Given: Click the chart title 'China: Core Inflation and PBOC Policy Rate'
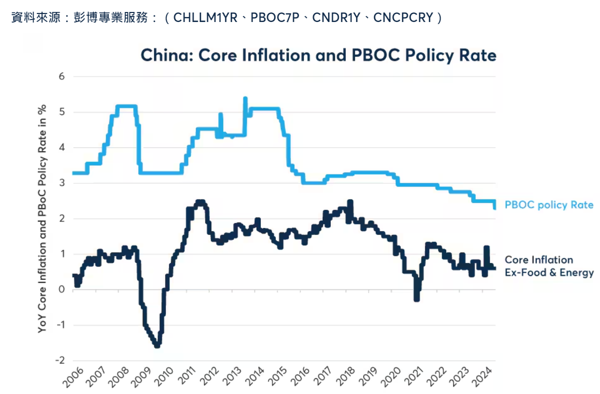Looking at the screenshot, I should coord(318,55).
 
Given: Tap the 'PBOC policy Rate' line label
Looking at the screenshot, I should coord(549,205).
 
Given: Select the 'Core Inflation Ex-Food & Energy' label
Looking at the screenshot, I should coord(549,266).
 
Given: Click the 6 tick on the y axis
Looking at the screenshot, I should coord(62,76).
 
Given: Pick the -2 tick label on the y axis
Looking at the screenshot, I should coord(60,360).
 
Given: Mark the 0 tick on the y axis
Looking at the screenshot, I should coord(62,289).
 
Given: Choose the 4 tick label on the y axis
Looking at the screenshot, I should coord(62,147).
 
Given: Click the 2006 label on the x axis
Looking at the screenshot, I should coord(73,378).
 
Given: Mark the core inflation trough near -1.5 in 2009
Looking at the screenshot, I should coord(157,345).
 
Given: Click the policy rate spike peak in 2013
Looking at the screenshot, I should coord(245,98).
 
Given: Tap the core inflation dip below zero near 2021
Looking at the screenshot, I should coord(417,298).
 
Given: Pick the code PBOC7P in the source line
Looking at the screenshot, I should coord(274,18).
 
